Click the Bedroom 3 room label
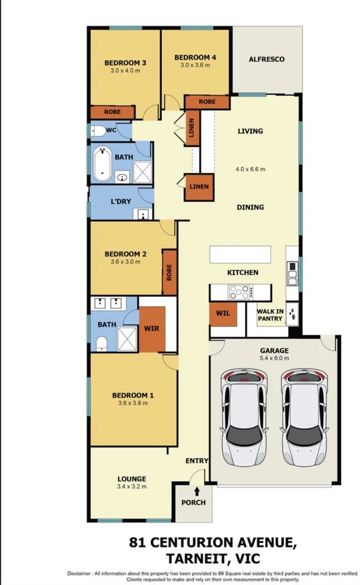[x=125, y=63]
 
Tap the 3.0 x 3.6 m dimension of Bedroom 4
[x=195, y=66]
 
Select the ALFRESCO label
[x=266, y=59]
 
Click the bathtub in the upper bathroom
[x=103, y=165]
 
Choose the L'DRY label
[x=120, y=201]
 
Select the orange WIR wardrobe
[x=152, y=328]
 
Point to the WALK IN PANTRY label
[x=270, y=315]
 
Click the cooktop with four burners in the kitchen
[x=240, y=292]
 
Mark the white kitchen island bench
[x=241, y=254]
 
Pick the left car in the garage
[x=243, y=416]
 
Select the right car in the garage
[x=303, y=416]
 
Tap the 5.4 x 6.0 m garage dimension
[x=273, y=358]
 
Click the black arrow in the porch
[x=197, y=491]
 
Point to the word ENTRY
[x=197, y=460]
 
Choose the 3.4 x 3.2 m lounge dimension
[x=131, y=487]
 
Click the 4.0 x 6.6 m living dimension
[x=250, y=169]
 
